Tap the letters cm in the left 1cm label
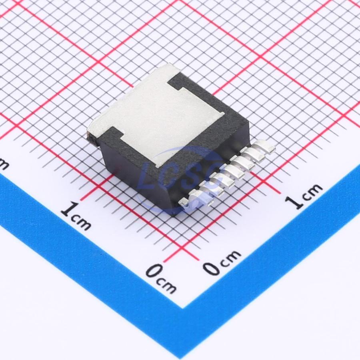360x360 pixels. pyautogui.click(x=82, y=222)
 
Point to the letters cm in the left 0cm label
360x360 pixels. pyautogui.click(x=167, y=286)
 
